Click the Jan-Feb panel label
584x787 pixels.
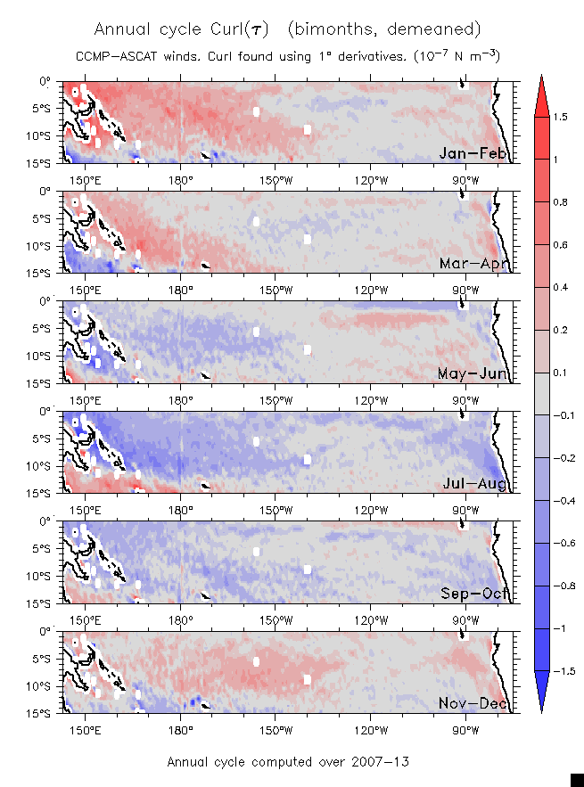coord(473,154)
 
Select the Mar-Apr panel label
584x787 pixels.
coord(473,264)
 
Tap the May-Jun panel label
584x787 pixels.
coord(473,374)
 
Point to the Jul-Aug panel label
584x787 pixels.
coord(474,484)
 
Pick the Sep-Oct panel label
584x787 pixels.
coord(473,594)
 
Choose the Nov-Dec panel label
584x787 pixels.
coord(473,704)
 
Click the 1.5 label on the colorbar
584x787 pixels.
coord(559,117)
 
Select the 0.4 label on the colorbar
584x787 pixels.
coord(559,288)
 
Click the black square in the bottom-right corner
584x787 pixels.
coord(576,780)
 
